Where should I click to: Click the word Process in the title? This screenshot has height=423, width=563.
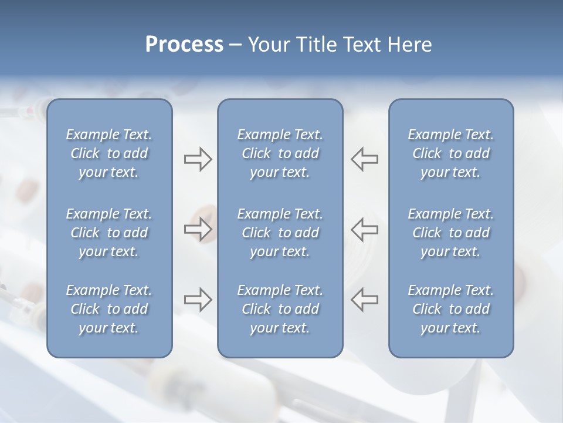[184, 45]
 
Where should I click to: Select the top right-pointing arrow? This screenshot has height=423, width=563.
[198, 159]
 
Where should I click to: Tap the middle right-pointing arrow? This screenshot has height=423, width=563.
[198, 229]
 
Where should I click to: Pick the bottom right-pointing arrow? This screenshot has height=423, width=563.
[198, 300]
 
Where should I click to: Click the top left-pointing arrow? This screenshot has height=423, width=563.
[364, 159]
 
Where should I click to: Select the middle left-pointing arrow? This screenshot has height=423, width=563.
[364, 229]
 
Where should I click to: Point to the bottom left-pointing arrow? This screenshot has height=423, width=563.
[364, 300]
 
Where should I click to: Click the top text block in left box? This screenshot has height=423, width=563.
[109, 153]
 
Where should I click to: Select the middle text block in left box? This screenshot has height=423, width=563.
[109, 233]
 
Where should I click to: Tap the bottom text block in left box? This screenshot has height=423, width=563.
[109, 309]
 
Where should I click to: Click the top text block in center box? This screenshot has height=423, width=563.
[280, 153]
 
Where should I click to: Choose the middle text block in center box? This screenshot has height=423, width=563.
[280, 233]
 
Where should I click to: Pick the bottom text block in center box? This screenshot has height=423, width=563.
[280, 309]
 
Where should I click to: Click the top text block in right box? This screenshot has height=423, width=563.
[451, 153]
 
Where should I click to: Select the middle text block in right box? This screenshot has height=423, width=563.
[451, 233]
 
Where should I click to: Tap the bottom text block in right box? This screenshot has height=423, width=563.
[451, 309]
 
